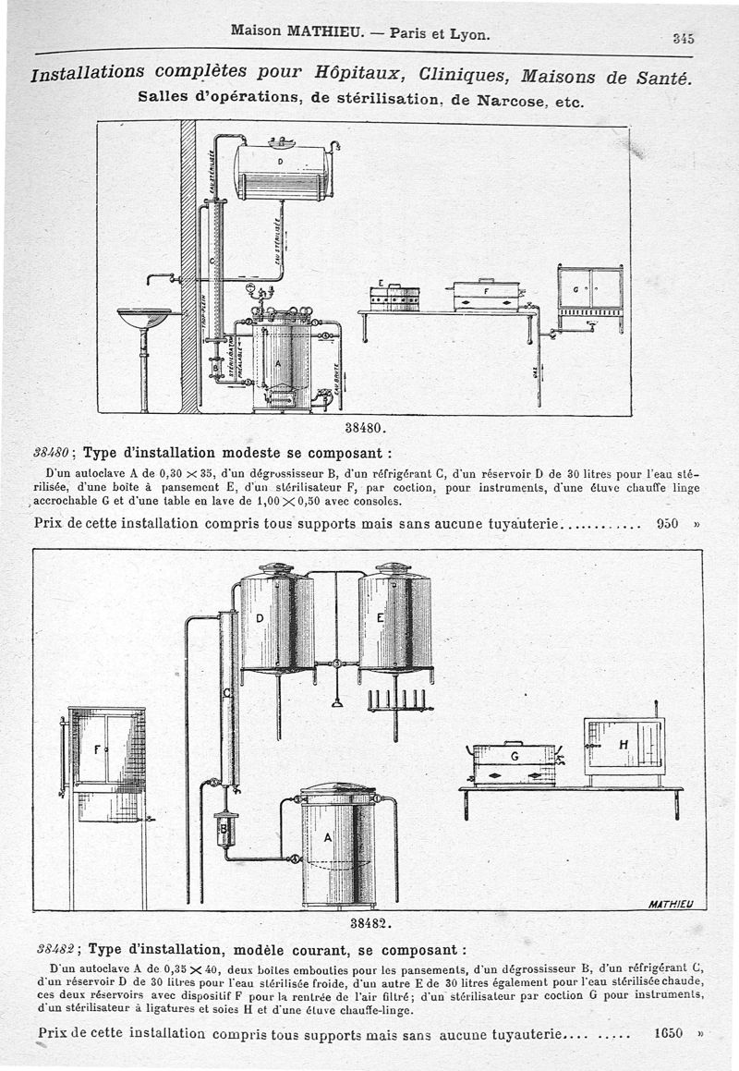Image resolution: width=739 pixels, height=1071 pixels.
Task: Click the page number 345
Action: pos(683,38)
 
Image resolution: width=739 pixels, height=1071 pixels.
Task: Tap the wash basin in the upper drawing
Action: pos(144,318)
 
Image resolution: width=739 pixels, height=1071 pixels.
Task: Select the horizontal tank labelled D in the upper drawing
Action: pos(283,171)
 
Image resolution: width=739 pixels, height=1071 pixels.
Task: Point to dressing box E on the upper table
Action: pos(394,297)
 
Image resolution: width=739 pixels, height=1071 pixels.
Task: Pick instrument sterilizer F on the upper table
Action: pos(487,295)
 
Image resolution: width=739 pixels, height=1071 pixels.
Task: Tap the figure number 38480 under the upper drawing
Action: pos(363,428)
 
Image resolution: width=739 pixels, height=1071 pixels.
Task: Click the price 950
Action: pos(667,523)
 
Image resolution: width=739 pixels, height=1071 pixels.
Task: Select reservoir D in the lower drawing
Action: pos(276,621)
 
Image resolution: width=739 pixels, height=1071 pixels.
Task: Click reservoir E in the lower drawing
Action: pos(394,617)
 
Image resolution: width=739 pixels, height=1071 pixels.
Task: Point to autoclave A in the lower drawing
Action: pos(338,844)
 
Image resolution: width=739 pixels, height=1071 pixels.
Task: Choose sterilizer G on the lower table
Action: pos(514,763)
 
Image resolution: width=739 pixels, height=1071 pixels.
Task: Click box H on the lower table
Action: pos(624,746)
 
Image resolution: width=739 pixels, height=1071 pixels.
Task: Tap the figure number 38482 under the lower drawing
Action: pos(372,922)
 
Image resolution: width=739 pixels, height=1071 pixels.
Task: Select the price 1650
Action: pos(667,1033)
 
